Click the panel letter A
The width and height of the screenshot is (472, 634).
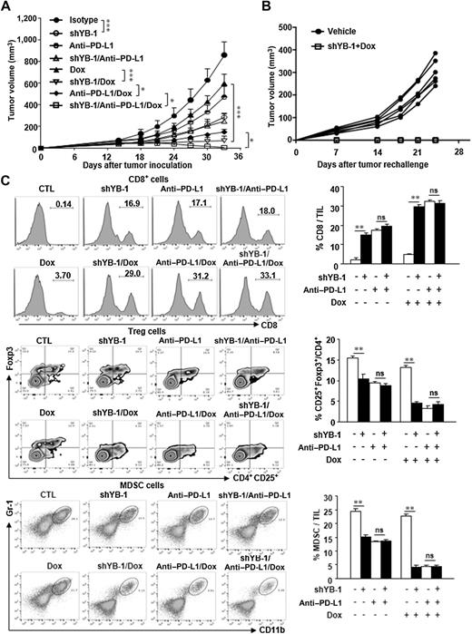click(x=7, y=7)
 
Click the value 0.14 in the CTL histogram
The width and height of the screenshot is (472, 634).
click(x=63, y=206)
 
